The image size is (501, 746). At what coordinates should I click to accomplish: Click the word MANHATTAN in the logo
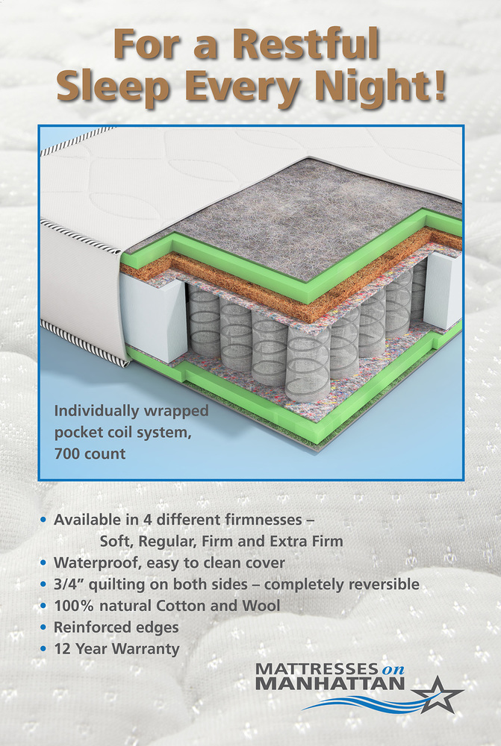329,683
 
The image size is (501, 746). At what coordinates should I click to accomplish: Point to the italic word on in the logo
393,669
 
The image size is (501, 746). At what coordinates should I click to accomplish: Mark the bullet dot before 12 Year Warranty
45,649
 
